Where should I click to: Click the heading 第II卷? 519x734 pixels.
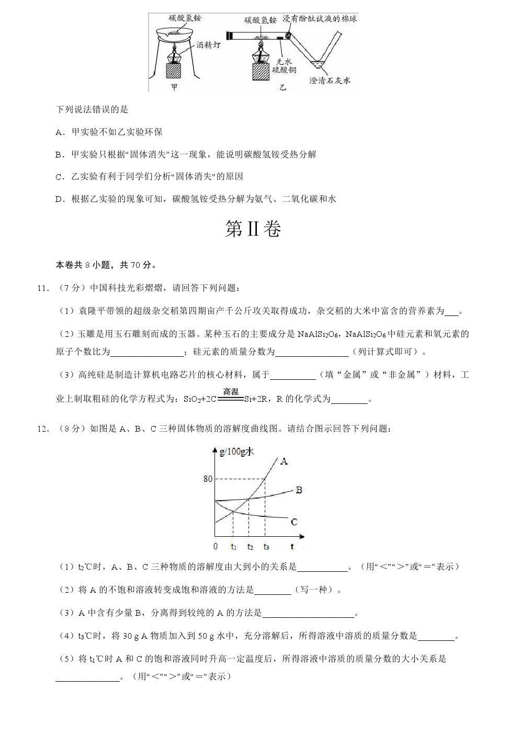click(x=253, y=230)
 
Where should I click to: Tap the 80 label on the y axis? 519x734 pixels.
click(x=208, y=479)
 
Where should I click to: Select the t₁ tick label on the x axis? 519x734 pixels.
click(x=233, y=547)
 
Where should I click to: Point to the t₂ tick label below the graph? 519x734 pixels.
click(x=250, y=547)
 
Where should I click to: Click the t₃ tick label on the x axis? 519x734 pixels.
click(x=266, y=547)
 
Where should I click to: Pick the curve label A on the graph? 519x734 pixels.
click(x=284, y=461)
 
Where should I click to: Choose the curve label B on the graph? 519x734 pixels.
click(x=299, y=490)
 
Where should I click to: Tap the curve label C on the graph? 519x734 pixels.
click(x=294, y=522)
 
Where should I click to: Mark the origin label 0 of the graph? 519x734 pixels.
click(x=216, y=547)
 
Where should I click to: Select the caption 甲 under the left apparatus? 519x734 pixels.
click(x=174, y=87)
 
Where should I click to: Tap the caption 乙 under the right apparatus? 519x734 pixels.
click(x=283, y=87)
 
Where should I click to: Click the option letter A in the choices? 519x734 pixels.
click(x=59, y=132)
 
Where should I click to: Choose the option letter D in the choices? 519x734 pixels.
click(x=59, y=199)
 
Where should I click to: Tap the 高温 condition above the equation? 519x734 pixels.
click(x=231, y=391)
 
